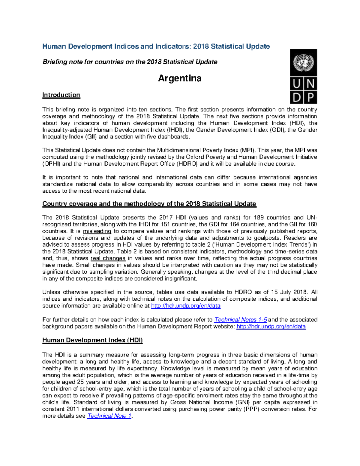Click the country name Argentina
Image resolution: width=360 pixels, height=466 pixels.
[x=180, y=78]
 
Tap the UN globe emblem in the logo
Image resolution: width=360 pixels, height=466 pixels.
[x=303, y=62]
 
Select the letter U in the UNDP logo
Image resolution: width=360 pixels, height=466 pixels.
[x=296, y=84]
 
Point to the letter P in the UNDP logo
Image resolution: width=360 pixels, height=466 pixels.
[x=310, y=97]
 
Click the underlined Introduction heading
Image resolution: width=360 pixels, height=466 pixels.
[x=61, y=95]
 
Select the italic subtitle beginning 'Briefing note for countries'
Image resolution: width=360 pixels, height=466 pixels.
[x=130, y=62]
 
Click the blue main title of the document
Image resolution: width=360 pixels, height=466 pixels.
[x=156, y=46]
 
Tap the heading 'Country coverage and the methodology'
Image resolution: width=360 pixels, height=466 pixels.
[x=149, y=204]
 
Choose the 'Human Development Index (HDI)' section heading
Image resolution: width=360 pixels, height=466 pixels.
[x=92, y=340]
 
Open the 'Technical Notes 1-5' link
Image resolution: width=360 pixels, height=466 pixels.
[x=241, y=320]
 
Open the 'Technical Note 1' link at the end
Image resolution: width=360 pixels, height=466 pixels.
[x=109, y=416]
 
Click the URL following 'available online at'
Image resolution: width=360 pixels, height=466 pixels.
[x=186, y=306]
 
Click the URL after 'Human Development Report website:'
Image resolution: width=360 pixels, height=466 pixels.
[x=271, y=326]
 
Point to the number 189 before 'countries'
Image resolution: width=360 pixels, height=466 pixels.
[x=259, y=218]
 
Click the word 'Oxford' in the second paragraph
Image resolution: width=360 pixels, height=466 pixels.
[x=195, y=157]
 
